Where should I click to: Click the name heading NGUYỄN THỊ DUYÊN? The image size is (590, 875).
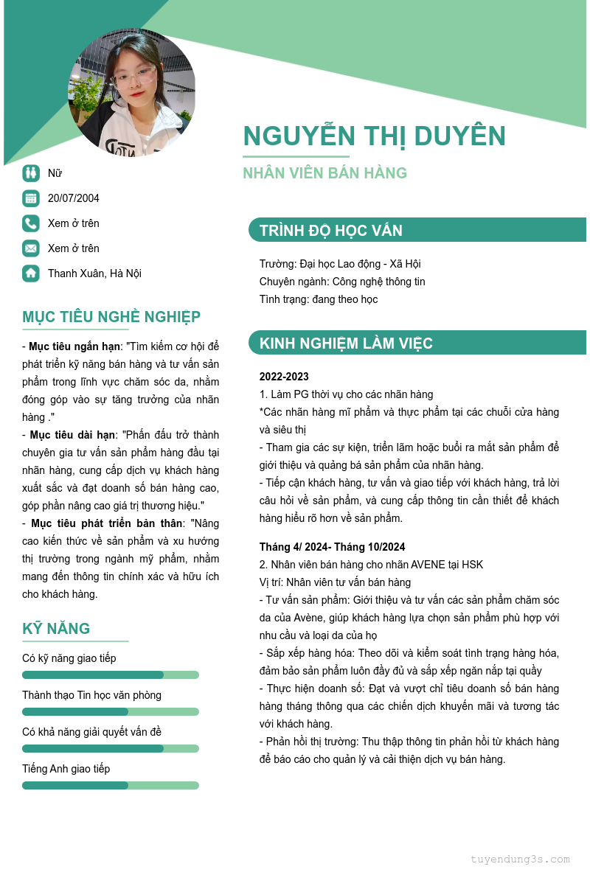tap(374, 136)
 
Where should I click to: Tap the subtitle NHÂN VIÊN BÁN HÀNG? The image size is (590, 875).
tap(324, 173)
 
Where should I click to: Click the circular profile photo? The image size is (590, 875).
tap(132, 92)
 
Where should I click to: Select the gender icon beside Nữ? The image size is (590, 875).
tap(30, 173)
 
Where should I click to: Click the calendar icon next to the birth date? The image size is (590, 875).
tap(30, 198)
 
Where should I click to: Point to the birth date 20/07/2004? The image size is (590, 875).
tap(74, 198)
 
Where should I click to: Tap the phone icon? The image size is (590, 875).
tap(30, 223)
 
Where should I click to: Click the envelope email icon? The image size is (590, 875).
tap(30, 248)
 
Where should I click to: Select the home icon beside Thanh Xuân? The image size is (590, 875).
tap(30, 273)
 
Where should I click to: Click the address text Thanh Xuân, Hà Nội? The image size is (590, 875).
tap(94, 273)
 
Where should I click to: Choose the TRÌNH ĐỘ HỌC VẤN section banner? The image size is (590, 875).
tap(417, 230)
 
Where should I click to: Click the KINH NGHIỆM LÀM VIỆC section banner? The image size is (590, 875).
tap(417, 343)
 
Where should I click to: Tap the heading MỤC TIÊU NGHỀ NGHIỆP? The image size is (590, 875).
tap(111, 317)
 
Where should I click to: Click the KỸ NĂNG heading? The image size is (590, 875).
tap(56, 629)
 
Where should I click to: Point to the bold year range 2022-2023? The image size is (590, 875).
tap(284, 377)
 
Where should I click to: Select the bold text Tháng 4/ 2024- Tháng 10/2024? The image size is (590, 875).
tap(332, 547)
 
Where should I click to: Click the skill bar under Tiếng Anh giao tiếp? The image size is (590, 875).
tap(111, 785)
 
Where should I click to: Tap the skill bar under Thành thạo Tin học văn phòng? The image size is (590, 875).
tap(111, 711)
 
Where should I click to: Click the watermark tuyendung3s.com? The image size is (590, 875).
tap(520, 859)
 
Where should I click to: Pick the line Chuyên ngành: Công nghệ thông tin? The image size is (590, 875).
tap(342, 282)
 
